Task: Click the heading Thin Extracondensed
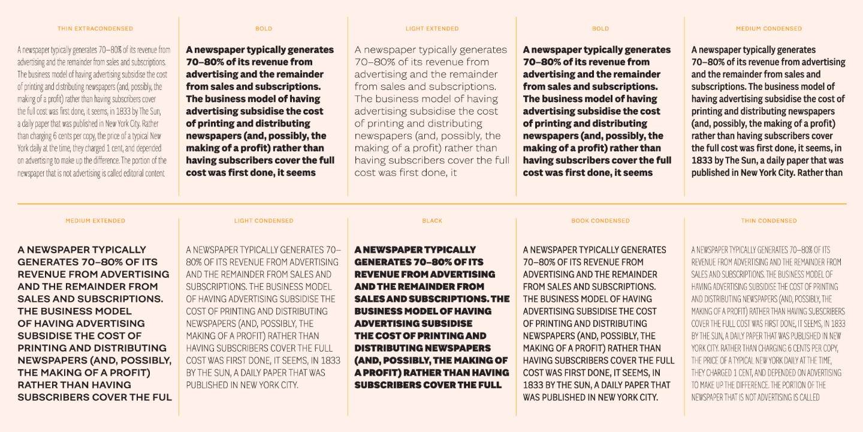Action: (x=95, y=29)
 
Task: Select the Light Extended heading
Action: (x=432, y=29)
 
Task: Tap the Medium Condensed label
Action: (x=769, y=29)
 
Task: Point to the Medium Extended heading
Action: (x=95, y=221)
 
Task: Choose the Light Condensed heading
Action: (x=264, y=221)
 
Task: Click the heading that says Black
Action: (x=432, y=221)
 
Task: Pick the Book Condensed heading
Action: (x=601, y=221)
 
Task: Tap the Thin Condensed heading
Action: (x=769, y=221)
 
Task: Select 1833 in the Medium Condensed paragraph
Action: (x=702, y=161)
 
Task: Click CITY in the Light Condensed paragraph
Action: (x=287, y=385)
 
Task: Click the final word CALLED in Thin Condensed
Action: (x=807, y=397)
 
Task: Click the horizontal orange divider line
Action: (x=432, y=204)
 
